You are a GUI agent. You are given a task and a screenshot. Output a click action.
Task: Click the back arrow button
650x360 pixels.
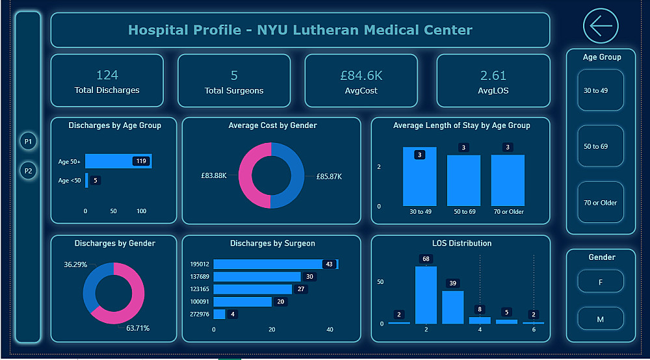[x=601, y=26]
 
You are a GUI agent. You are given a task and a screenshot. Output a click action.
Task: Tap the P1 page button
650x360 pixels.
[x=28, y=141]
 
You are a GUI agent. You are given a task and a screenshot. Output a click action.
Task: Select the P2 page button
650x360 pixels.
[x=28, y=171]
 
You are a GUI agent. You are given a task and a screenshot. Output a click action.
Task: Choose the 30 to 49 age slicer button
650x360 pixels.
[x=600, y=90]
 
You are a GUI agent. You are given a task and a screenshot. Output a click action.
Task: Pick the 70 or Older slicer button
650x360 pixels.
[x=600, y=203]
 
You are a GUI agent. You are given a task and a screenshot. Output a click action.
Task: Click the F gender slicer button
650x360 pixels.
[x=600, y=281]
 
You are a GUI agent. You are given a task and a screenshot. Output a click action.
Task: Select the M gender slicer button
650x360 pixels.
[x=600, y=319]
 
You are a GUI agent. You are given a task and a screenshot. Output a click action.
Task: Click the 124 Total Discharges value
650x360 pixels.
[x=107, y=75]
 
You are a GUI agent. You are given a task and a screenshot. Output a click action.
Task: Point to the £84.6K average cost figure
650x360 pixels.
[x=361, y=75]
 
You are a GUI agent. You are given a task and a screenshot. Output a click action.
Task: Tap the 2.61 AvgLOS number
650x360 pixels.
[x=493, y=75]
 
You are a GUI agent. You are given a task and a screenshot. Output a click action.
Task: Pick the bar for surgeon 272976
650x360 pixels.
[x=219, y=315]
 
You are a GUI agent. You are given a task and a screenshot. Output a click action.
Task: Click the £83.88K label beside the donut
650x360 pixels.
[x=214, y=176]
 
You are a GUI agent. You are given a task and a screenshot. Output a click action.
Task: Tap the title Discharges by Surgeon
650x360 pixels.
[x=272, y=244]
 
